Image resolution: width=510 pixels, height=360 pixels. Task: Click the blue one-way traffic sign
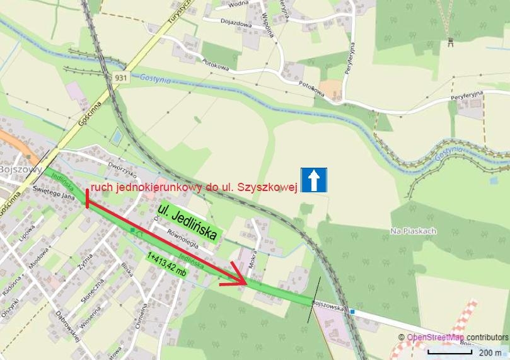(x=313, y=180)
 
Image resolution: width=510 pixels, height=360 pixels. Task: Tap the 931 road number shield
(x=122, y=77)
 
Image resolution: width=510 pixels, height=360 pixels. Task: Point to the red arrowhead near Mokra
(x=237, y=277)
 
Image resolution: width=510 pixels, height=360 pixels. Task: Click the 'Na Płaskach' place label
(x=414, y=231)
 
